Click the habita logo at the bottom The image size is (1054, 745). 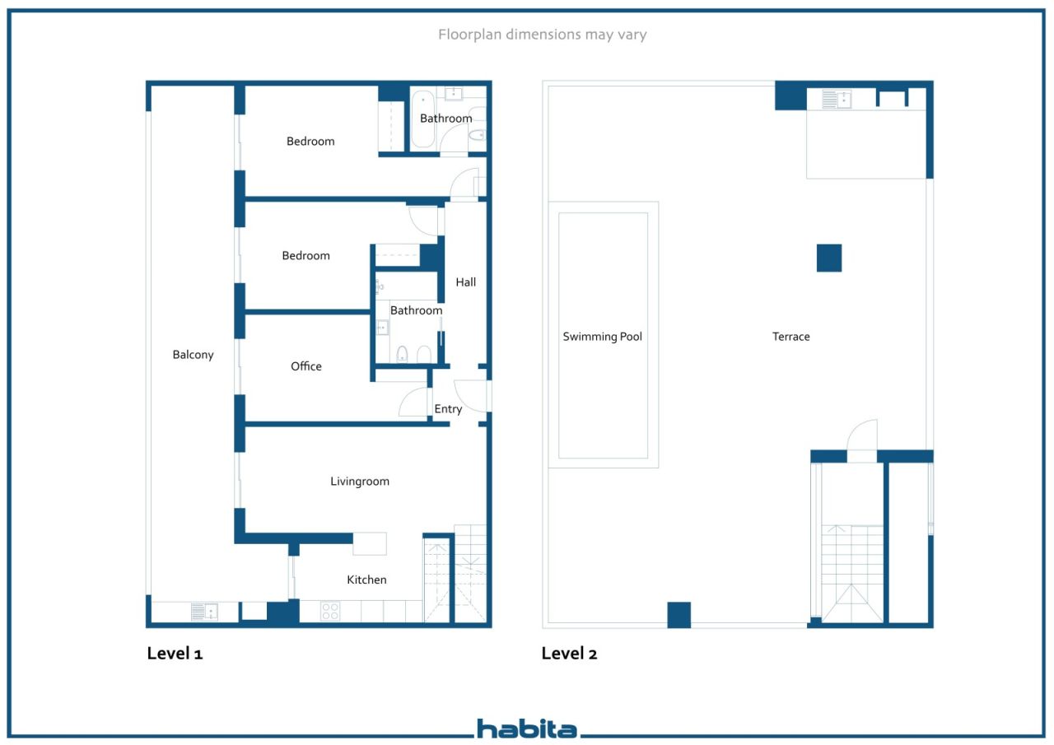[x=527, y=729]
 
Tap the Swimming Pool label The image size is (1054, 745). [x=602, y=337]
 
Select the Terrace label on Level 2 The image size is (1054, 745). [x=791, y=337]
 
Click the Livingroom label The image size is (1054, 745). [x=360, y=482]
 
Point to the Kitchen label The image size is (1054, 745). [x=366, y=580]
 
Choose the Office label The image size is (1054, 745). [x=306, y=366]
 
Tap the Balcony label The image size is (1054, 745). [x=193, y=355]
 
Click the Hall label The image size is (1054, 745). [x=466, y=282]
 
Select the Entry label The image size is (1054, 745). [x=448, y=409]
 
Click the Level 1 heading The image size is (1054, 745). [x=175, y=654]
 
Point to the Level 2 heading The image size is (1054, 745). [x=569, y=654]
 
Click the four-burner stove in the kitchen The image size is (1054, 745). [x=330, y=612]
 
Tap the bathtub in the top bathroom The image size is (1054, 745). [x=422, y=119]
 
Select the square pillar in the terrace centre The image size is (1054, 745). [x=829, y=258]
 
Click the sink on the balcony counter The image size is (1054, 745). [x=204, y=612]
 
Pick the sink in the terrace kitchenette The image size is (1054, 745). [x=837, y=100]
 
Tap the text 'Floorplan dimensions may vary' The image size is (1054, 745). [x=542, y=35]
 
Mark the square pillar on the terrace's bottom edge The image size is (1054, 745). [x=679, y=615]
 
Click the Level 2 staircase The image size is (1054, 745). [x=852, y=573]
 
